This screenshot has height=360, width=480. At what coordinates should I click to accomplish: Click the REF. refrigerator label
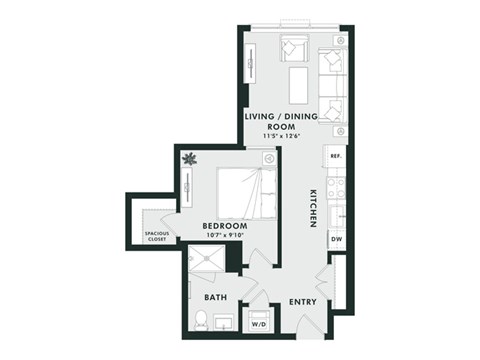click(336, 156)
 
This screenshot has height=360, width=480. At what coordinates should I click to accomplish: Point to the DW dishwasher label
click(336, 240)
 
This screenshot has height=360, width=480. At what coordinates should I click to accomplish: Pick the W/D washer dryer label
click(258, 324)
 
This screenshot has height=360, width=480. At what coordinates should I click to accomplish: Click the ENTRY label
click(304, 301)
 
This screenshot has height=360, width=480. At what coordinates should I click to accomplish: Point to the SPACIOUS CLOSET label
click(158, 236)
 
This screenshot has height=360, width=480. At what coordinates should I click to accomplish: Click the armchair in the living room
click(293, 46)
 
